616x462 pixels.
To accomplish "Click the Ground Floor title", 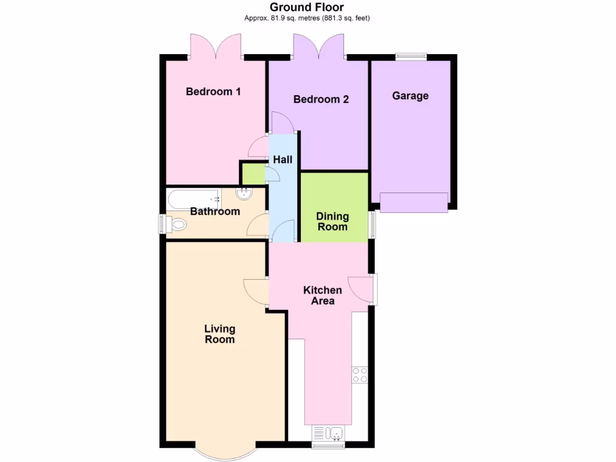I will point(307,7).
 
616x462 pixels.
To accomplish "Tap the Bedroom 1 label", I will point(213,91).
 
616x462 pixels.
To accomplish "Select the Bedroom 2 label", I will point(321,99).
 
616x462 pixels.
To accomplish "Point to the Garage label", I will point(410,96).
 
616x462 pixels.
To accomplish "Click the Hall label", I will point(283,159).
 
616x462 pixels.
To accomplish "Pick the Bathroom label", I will point(215,211).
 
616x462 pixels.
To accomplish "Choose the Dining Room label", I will point(332,221).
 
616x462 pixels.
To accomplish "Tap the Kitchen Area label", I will point(322,295).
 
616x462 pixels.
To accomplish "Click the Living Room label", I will point(220,334).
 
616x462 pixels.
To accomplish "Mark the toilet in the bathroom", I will point(176,225).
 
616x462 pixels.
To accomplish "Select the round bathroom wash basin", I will point(245,194).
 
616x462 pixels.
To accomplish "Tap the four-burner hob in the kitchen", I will point(360,375).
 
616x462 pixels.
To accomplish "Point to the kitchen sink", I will point(328,433).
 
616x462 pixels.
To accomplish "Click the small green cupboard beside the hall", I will point(253,174).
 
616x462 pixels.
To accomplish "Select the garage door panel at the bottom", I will point(414,202).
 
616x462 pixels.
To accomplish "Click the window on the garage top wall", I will point(411,57).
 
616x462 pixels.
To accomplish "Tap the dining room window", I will point(372,224).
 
